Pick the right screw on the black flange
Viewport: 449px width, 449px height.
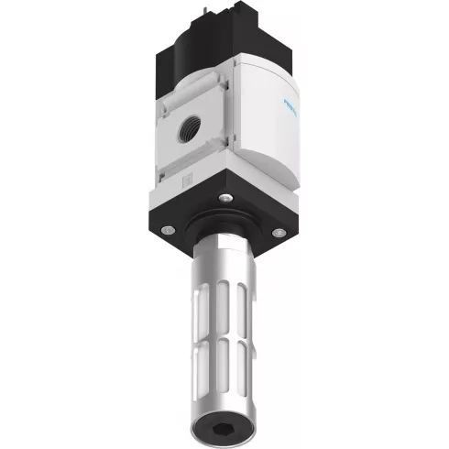coord(278,231)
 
